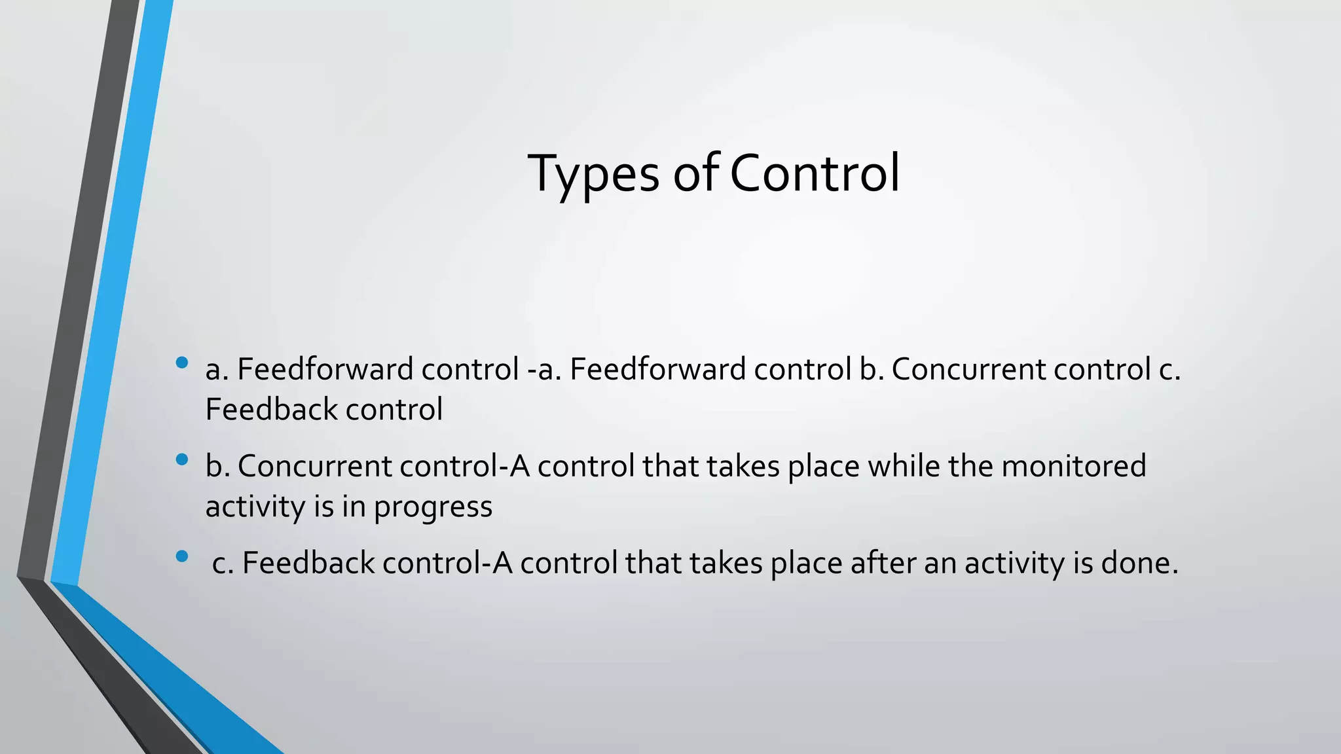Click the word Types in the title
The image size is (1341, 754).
593,173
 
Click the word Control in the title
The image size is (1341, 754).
815,173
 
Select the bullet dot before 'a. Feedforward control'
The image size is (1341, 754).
182,363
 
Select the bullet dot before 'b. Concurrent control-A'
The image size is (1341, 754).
182,459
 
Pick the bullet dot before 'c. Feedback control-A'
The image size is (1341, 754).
182,556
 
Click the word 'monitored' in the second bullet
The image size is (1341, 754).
1074,466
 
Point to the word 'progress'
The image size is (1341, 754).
433,507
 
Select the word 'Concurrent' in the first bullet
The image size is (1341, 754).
968,369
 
